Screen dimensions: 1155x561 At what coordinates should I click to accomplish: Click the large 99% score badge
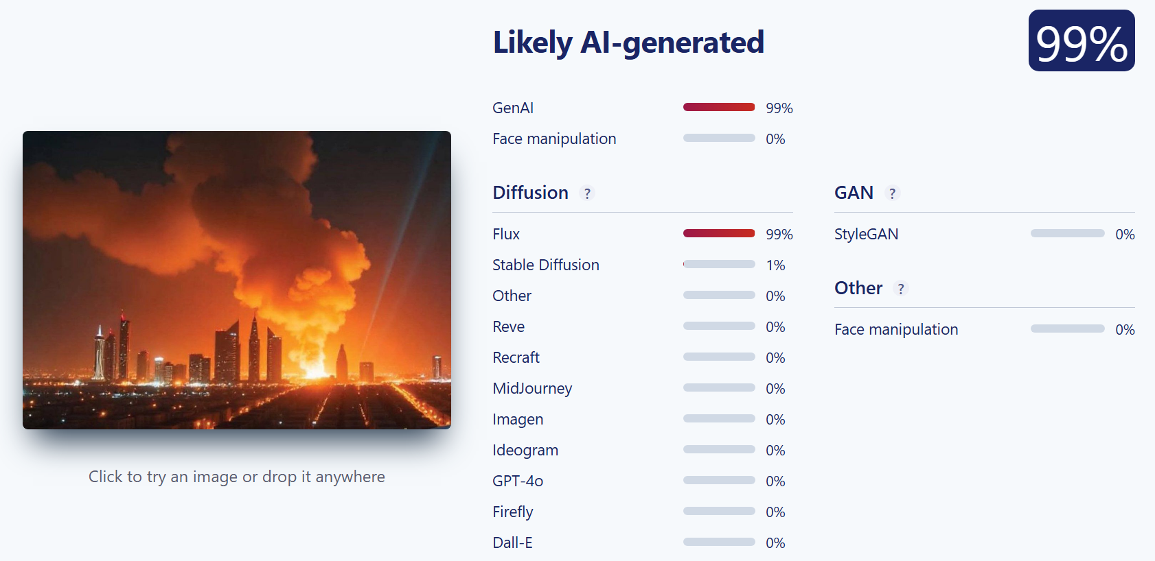pyautogui.click(x=1082, y=40)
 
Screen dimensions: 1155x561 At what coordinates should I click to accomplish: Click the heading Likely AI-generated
pyautogui.click(x=628, y=43)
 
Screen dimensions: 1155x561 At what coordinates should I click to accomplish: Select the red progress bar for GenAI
pyautogui.click(x=719, y=107)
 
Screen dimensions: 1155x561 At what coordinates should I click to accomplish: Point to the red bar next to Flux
pyautogui.click(x=719, y=233)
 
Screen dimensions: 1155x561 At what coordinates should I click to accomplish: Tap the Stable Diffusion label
pyautogui.click(x=545, y=265)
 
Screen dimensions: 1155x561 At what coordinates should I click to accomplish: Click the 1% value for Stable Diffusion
pyautogui.click(x=775, y=265)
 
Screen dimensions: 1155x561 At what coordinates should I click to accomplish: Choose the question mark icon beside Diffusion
pyautogui.click(x=587, y=193)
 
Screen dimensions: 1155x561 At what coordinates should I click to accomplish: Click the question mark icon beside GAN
pyautogui.click(x=892, y=193)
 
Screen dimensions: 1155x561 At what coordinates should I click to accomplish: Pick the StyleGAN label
pyautogui.click(x=867, y=235)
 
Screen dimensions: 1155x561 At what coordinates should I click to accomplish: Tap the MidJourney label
pyautogui.click(x=532, y=388)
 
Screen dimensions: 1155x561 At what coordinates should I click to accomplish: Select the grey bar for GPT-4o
pyautogui.click(x=719, y=480)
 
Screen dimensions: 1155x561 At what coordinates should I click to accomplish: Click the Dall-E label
pyautogui.click(x=512, y=542)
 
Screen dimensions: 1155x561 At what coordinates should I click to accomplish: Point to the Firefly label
pyautogui.click(x=512, y=512)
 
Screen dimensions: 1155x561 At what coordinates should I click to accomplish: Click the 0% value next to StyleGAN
pyautogui.click(x=1125, y=235)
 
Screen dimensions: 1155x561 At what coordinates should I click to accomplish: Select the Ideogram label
pyautogui.click(x=525, y=451)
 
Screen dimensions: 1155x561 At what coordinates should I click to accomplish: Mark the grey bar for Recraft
pyautogui.click(x=719, y=357)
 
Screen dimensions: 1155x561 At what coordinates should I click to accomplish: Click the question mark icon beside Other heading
pyautogui.click(x=900, y=289)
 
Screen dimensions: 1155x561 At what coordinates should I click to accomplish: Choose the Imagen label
pyautogui.click(x=518, y=419)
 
